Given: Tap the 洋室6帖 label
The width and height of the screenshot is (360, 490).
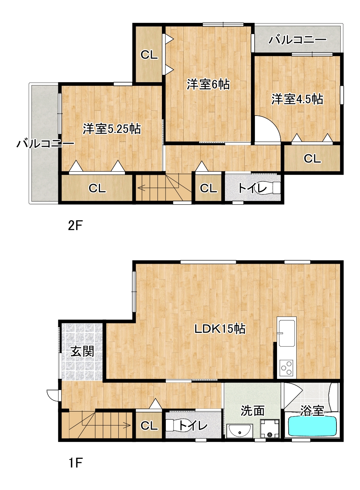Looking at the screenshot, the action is (x=208, y=84).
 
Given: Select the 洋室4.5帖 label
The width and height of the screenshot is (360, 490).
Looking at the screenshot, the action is (x=297, y=99).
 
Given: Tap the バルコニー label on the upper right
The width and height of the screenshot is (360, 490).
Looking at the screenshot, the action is (x=297, y=40).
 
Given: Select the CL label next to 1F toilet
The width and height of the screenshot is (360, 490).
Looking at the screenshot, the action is (x=149, y=426).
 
